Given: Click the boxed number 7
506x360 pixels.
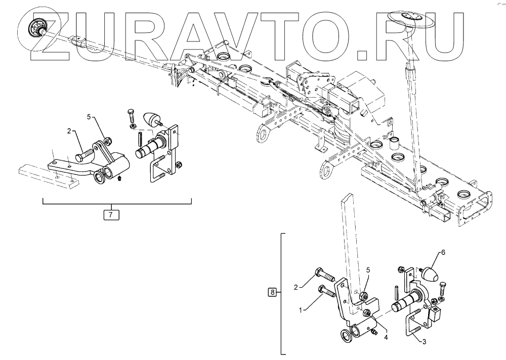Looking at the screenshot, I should pos(111,214).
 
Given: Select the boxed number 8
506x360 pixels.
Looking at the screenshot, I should pos(273,292).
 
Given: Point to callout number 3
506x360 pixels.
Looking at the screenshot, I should pos(425,342).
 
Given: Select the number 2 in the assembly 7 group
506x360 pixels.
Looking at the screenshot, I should pos(69,131).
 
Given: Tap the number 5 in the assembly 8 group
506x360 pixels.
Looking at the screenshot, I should pos(368,270).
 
